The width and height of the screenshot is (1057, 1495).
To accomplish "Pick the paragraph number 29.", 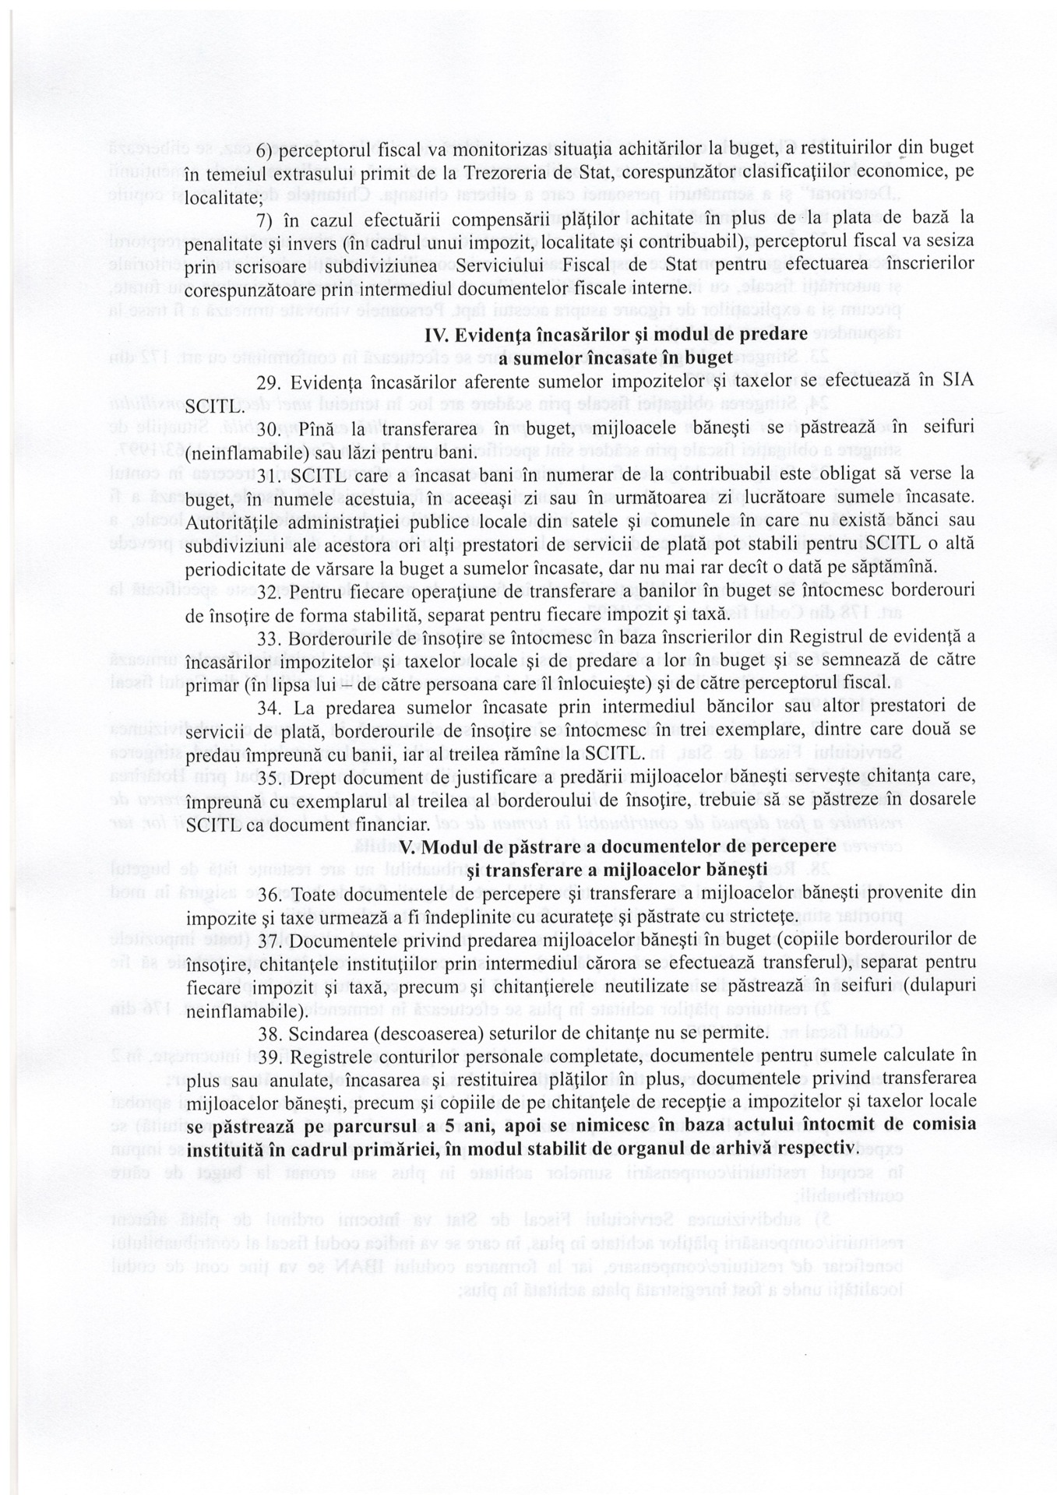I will click(269, 383).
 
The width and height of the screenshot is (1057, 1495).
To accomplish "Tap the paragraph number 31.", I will click(269, 473).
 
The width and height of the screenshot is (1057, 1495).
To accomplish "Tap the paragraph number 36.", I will click(269, 893).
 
